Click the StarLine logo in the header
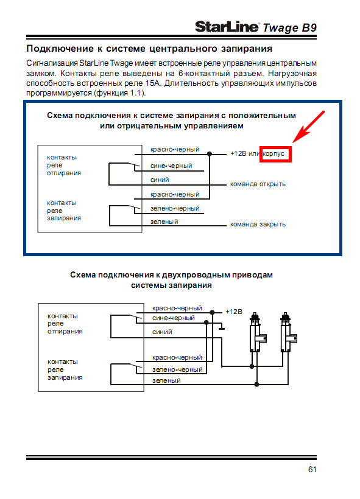pos(227,27)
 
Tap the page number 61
pos(312,469)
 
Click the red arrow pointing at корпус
pos(308,127)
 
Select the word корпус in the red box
pos(274,154)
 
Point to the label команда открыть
pos(258,184)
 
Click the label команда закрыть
pos(258,225)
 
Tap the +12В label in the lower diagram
pos(234,312)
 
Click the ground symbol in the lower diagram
pos(222,327)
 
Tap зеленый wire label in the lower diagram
pos(166,380)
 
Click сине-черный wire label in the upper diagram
pos(171,166)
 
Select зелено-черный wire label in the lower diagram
pos(177,369)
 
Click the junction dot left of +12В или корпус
pos(210,155)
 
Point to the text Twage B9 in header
pos(289,28)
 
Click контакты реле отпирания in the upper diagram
pos(64,165)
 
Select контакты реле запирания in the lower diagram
pos(65,369)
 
